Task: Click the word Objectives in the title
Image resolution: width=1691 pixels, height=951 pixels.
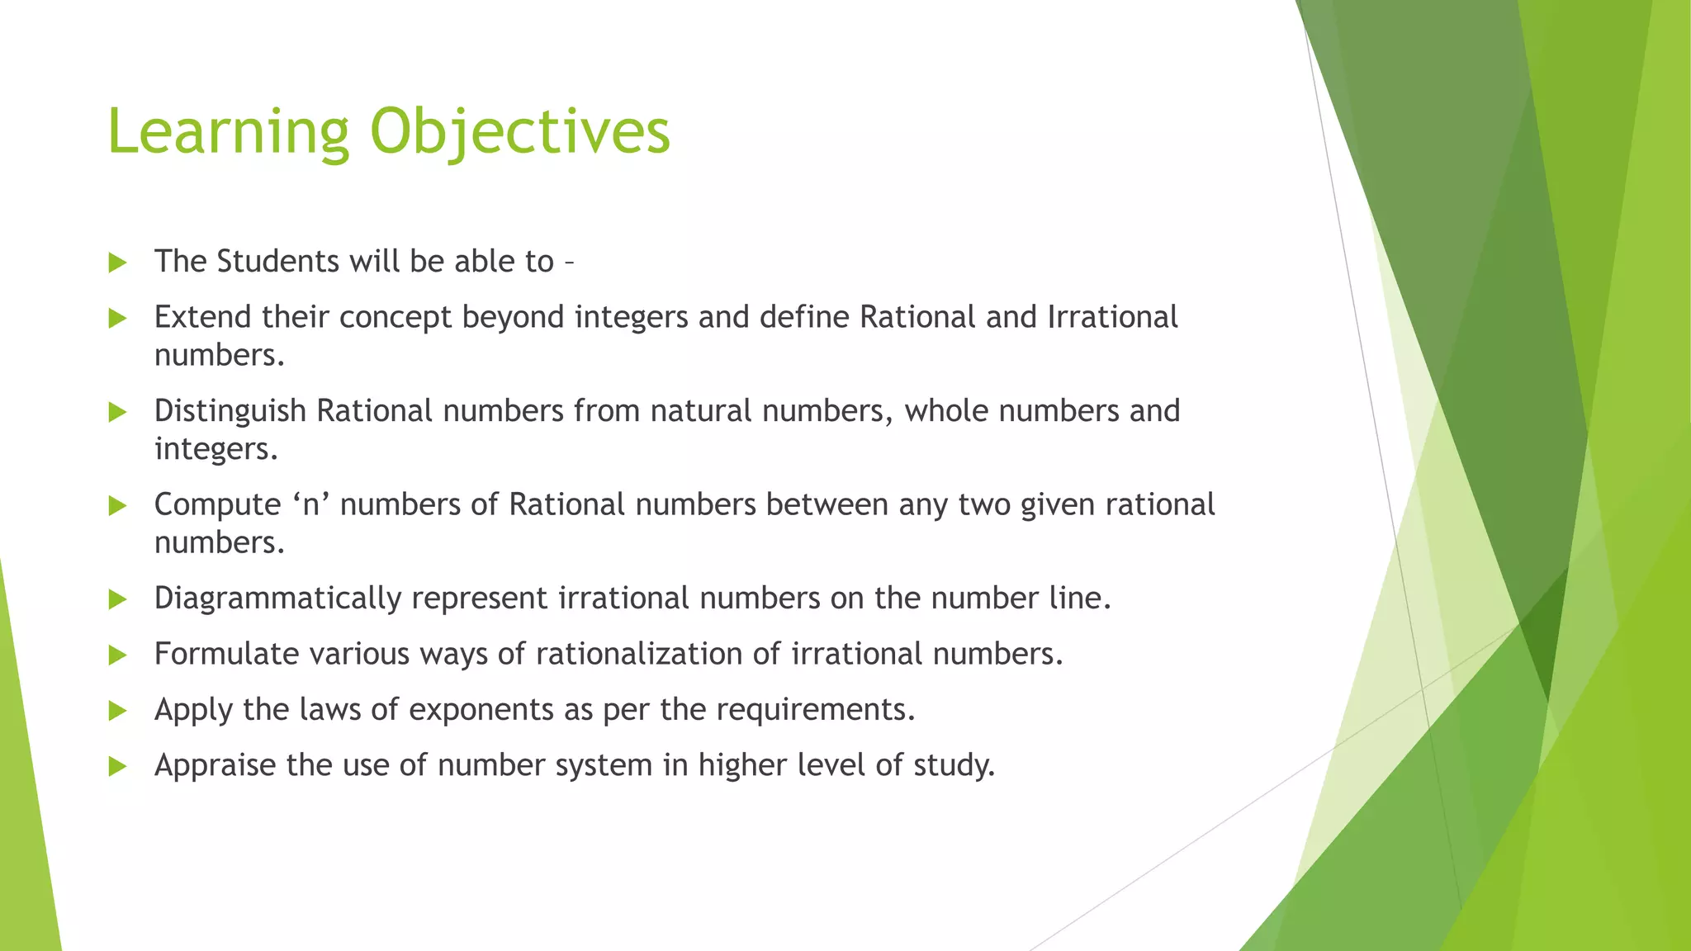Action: (x=520, y=132)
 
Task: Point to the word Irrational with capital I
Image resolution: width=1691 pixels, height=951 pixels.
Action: (x=1112, y=317)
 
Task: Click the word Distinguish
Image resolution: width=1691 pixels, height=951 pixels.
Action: (x=230, y=411)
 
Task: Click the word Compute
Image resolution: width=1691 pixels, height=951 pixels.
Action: (x=217, y=504)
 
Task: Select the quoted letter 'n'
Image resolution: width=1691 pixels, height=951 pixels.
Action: (x=311, y=504)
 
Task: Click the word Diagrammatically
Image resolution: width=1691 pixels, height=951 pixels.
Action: (x=277, y=599)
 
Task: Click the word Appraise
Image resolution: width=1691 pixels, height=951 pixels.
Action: (x=216, y=765)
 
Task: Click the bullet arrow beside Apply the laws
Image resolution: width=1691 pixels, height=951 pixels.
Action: (x=117, y=711)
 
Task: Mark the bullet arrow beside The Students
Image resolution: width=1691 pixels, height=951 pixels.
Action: (x=117, y=263)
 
